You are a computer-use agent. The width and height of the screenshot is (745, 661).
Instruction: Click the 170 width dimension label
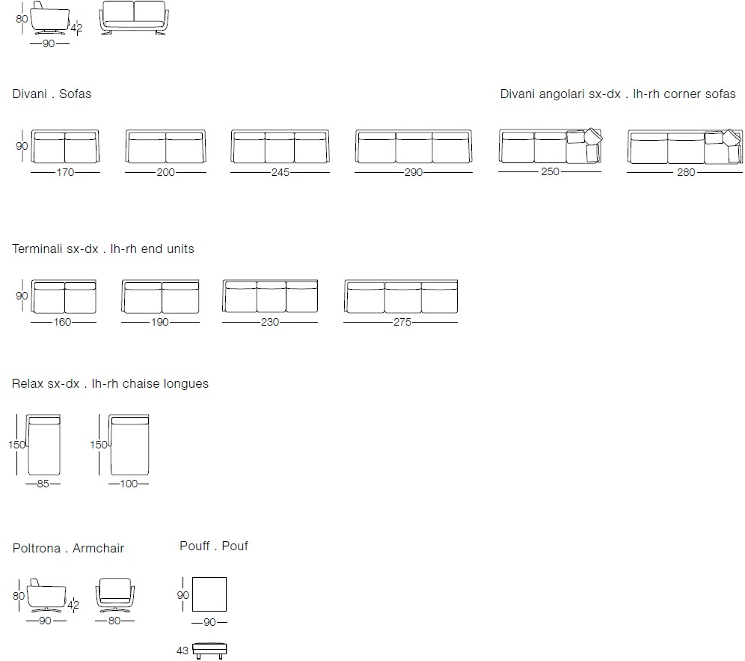[66, 172]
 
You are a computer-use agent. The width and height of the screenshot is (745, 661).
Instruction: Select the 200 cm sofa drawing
[166, 146]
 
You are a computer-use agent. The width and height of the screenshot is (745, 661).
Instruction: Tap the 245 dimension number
[280, 172]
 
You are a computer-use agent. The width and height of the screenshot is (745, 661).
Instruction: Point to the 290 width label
[414, 172]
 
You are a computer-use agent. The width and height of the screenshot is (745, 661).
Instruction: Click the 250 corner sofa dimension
[551, 171]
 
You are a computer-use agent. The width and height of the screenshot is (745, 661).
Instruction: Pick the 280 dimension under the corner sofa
[686, 172]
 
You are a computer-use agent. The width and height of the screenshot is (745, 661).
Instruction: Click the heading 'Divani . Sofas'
[52, 94]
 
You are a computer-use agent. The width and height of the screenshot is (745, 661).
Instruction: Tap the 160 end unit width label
[62, 322]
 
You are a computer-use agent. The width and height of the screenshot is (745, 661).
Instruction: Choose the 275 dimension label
[402, 322]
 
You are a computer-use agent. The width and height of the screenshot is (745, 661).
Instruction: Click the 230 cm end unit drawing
[270, 296]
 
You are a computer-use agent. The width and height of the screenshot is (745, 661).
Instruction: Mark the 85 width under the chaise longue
[43, 484]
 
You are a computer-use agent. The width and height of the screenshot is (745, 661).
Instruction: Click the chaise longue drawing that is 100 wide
[129, 445]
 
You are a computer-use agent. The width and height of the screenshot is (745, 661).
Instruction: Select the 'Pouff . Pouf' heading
[214, 546]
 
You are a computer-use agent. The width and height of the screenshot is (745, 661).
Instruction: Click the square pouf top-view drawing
[209, 594]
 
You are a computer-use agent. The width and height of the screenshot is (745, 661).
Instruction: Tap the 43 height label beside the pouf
[183, 651]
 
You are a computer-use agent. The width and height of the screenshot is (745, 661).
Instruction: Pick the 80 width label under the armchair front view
[114, 621]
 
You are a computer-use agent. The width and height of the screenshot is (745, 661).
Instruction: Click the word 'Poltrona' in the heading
[37, 548]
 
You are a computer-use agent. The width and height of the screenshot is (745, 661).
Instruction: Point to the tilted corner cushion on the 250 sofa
[593, 136]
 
